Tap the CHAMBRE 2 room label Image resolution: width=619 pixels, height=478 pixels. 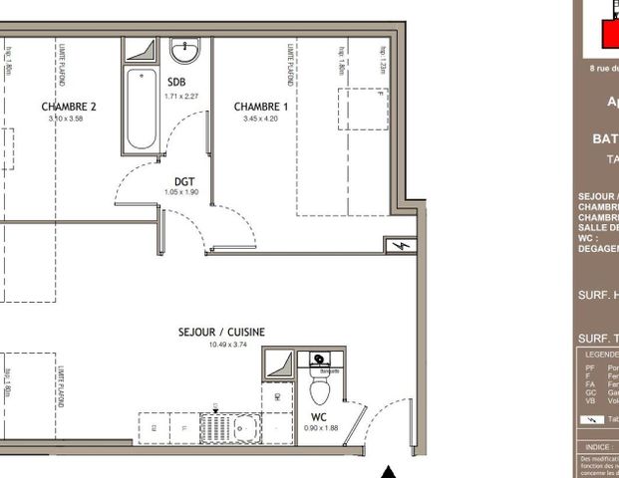[69, 107]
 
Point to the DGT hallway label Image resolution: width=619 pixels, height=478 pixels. [183, 181]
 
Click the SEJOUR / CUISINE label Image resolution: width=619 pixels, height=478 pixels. [221, 333]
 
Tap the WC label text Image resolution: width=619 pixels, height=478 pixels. [318, 416]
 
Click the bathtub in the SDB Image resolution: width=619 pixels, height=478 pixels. [141, 110]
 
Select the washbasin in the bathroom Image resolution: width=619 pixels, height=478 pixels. [184, 50]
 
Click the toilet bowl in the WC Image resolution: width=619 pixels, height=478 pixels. [320, 384]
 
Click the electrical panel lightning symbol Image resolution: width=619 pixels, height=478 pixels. [403, 246]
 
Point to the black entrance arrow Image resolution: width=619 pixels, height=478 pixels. [390, 470]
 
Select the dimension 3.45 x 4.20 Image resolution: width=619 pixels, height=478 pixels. [260, 119]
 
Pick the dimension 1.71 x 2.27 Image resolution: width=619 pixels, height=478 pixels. [181, 96]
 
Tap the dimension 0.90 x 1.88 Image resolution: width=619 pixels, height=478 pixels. [320, 428]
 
